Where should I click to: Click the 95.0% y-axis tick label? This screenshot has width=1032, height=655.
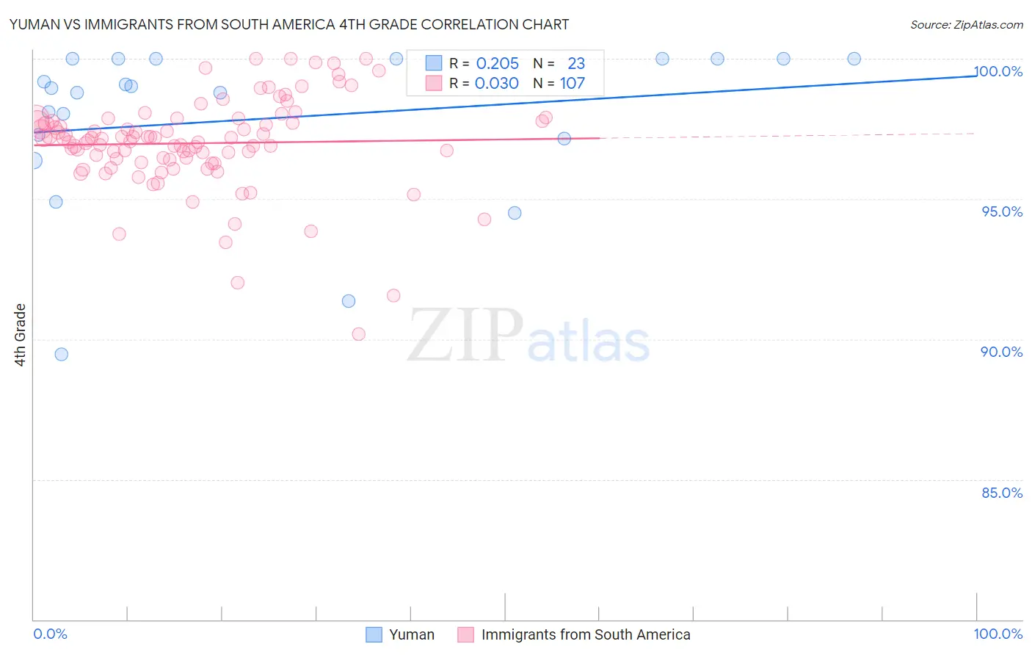1002,211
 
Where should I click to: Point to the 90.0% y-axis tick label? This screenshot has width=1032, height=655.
1002,352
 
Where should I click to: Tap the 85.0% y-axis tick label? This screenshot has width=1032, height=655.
1002,493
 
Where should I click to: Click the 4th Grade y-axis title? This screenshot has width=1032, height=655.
20,334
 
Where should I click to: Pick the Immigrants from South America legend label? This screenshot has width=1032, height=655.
585,634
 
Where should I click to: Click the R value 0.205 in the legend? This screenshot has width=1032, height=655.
497,64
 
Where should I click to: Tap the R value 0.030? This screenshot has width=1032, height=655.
496,84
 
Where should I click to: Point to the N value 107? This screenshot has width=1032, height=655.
573,84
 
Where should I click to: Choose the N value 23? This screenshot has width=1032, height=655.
576,64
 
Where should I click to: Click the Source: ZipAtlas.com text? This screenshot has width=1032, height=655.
966,25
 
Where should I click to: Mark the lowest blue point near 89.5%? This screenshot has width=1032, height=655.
62,355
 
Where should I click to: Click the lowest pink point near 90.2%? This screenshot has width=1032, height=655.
359,334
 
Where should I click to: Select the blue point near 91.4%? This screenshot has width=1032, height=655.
349,301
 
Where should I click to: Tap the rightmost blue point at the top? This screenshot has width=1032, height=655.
854,59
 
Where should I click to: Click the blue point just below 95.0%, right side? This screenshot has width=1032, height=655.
515,213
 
